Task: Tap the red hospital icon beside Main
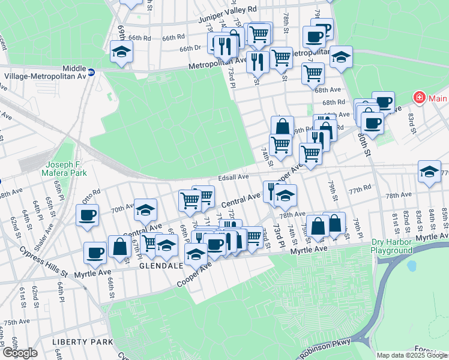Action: pyautogui.click(x=418, y=98)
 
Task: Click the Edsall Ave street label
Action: pyautogui.click(x=234, y=177)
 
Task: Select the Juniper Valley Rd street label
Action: pyautogui.click(x=228, y=26)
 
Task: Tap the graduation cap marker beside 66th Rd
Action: pyautogui.click(x=122, y=52)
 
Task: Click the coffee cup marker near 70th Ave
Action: pyautogui.click(x=88, y=215)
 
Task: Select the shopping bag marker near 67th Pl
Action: pyautogui.click(x=120, y=247)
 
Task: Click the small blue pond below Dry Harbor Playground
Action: pyautogui.click(x=411, y=265)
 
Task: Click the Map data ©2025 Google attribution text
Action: pyautogui.click(x=412, y=355)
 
